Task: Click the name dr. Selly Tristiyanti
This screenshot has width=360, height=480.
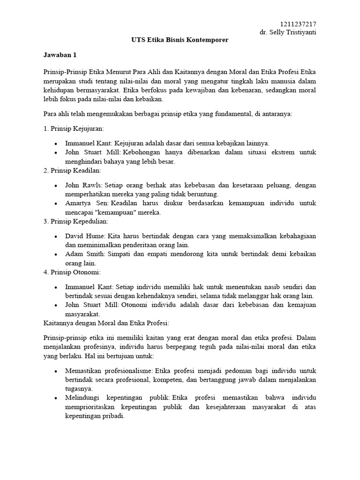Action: point(288,32)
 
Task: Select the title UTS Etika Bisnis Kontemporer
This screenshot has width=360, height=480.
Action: point(180,40)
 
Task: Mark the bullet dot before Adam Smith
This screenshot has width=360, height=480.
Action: point(56,254)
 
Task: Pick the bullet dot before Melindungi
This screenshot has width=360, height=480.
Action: point(56,398)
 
